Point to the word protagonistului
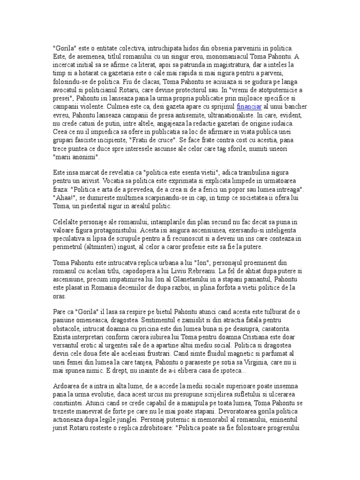[150, 231]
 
